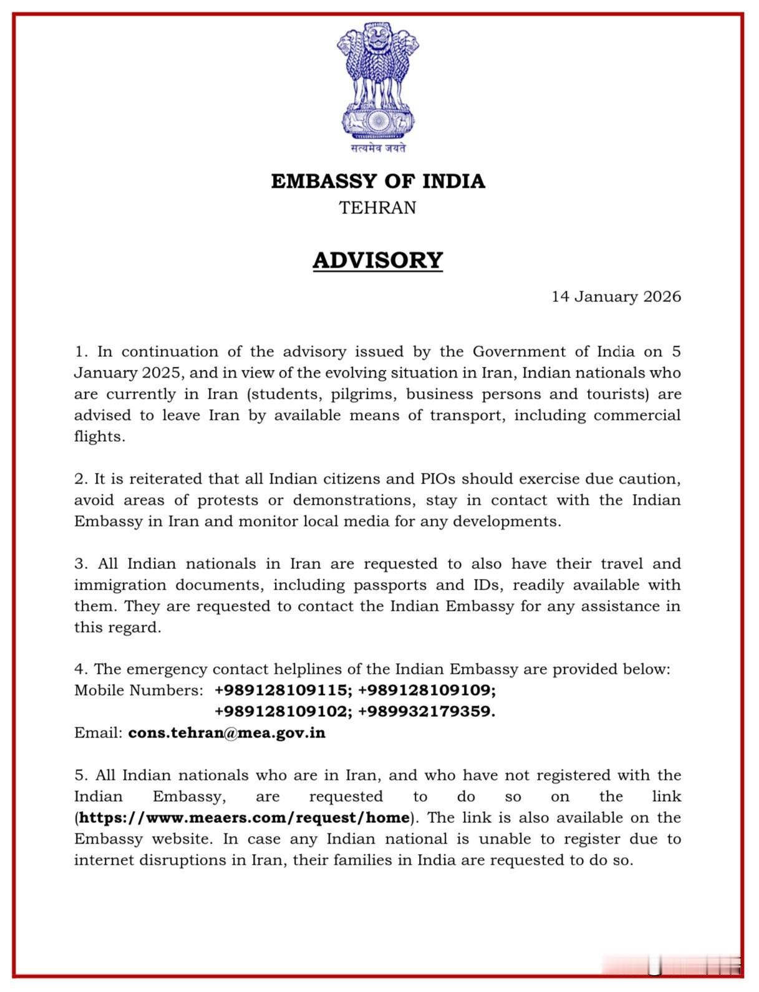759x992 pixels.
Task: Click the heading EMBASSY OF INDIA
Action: pos(378,181)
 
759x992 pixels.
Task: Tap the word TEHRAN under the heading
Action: pos(378,208)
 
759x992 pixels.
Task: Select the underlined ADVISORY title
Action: pos(378,260)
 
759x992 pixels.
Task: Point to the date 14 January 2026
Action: pos(616,296)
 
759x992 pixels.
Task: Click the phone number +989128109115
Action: pos(283,690)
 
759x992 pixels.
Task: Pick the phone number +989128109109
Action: pos(427,690)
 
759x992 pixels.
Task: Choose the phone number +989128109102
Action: pos(283,711)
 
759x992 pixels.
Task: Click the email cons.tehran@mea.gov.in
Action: pos(226,732)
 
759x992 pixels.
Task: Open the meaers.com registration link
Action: pos(244,817)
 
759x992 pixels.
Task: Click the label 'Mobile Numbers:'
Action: pos(138,690)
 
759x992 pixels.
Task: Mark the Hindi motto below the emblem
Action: pos(378,148)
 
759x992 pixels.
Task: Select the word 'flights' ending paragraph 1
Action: pos(99,437)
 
